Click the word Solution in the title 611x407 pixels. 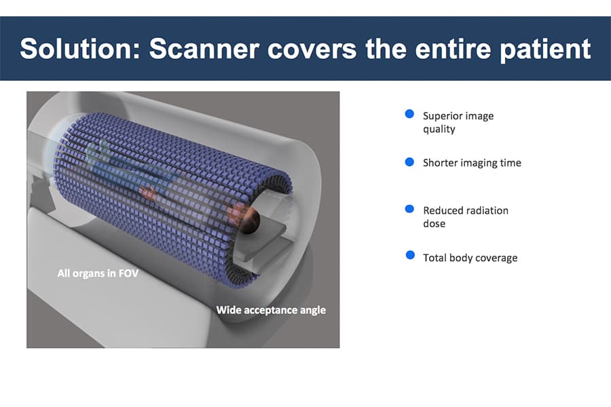(x=80, y=49)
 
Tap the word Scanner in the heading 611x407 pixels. (x=204, y=49)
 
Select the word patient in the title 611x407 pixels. (x=545, y=50)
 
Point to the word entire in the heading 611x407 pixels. (x=452, y=49)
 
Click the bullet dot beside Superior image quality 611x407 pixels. (x=409, y=114)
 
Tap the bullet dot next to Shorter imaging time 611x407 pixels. (x=409, y=161)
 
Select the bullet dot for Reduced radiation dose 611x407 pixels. (x=409, y=209)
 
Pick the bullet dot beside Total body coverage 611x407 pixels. (x=410, y=255)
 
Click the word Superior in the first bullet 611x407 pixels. (x=441, y=116)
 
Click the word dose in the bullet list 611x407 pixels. (x=434, y=224)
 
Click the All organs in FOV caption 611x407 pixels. (x=98, y=273)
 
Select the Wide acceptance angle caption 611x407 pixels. (x=271, y=310)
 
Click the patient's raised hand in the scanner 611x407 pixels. (x=147, y=191)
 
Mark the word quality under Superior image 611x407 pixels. (x=439, y=130)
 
